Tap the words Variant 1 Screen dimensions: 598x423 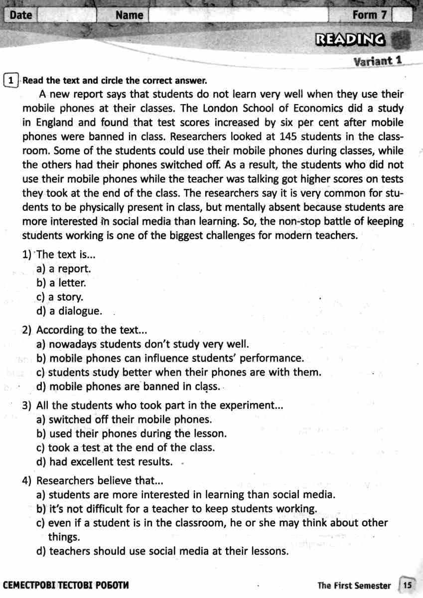click(x=377, y=61)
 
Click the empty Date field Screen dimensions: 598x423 click(x=66, y=15)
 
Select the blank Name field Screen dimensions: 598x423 click(x=238, y=15)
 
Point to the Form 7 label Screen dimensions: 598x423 click(x=369, y=15)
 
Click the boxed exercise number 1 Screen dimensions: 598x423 click(x=11, y=80)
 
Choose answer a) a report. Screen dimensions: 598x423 click(x=63, y=269)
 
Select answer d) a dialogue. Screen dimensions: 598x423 click(x=69, y=311)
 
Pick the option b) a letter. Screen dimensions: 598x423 click(x=61, y=283)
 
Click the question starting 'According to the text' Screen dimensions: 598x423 click(x=85, y=330)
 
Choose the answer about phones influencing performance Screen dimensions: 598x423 click(x=169, y=358)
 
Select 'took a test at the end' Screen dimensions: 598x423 click(x=126, y=448)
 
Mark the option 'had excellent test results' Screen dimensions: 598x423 click(x=105, y=462)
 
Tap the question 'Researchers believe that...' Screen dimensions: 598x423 click(x=93, y=481)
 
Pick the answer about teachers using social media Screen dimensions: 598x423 click(x=162, y=551)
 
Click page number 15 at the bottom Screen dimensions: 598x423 click(x=408, y=585)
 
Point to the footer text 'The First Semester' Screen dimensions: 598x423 click(x=354, y=586)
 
